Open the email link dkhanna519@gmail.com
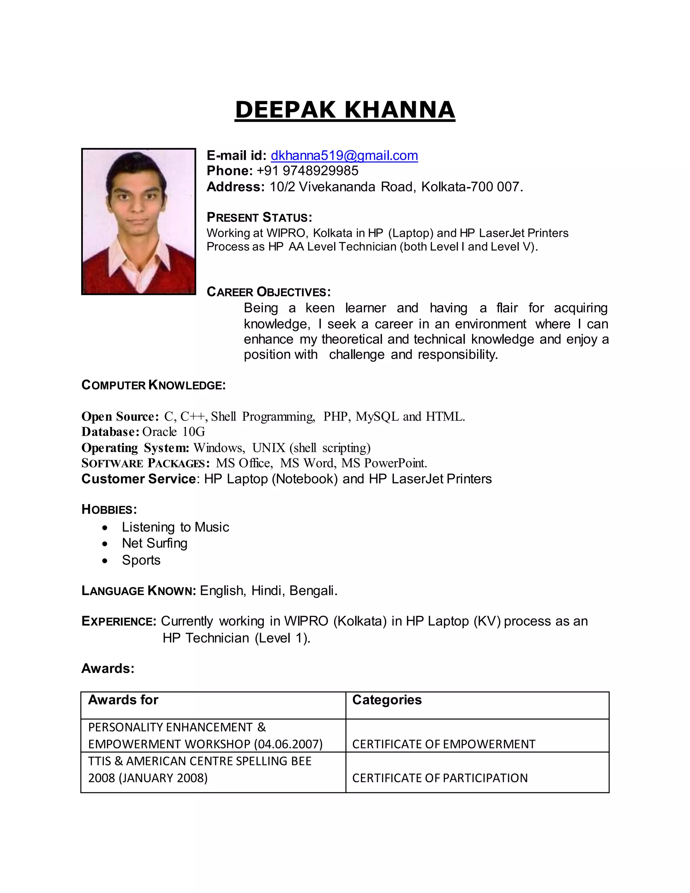(344, 155)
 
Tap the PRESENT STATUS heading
(259, 217)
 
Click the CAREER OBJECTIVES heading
(269, 292)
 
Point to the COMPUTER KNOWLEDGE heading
(153, 385)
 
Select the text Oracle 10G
(174, 432)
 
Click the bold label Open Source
(119, 416)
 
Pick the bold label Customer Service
(138, 479)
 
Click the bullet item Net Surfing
(155, 544)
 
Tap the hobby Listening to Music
(175, 527)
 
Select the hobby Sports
(141, 560)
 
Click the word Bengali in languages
(313, 591)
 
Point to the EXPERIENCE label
(119, 621)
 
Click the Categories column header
(387, 700)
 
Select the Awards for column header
(123, 700)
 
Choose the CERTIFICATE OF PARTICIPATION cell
(440, 778)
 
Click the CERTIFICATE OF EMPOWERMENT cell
(443, 744)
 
